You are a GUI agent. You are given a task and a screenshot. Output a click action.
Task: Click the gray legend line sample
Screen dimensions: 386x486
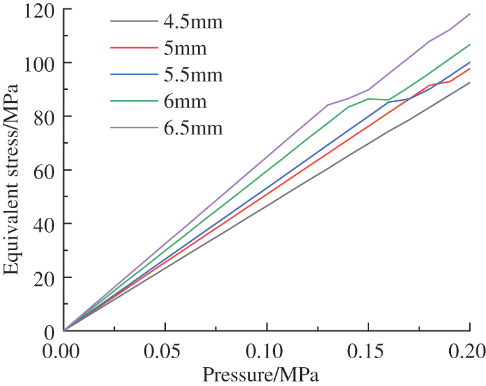coord(134,22)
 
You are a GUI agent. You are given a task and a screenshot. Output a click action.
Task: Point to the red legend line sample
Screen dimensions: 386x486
coord(134,48)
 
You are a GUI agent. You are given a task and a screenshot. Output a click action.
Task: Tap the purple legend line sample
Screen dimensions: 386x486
coord(134,128)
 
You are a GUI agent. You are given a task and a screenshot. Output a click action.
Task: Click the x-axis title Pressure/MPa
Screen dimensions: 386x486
coord(261,374)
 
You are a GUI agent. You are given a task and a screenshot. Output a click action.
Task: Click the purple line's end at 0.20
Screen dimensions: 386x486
coord(469,14)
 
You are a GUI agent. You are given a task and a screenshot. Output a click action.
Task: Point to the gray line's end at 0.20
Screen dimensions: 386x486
coord(469,83)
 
